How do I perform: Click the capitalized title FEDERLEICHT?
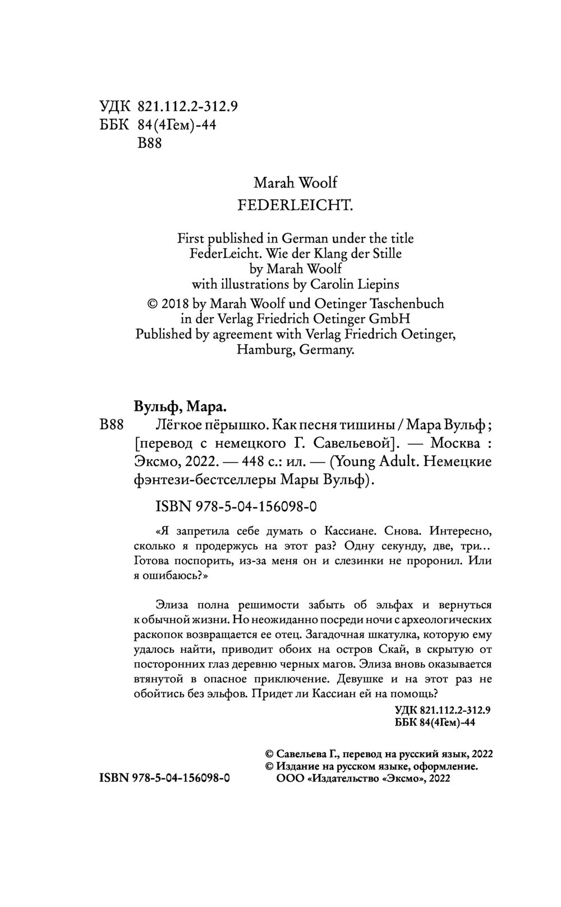[295, 205]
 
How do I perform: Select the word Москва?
[454, 443]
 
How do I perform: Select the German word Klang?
[329, 253]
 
